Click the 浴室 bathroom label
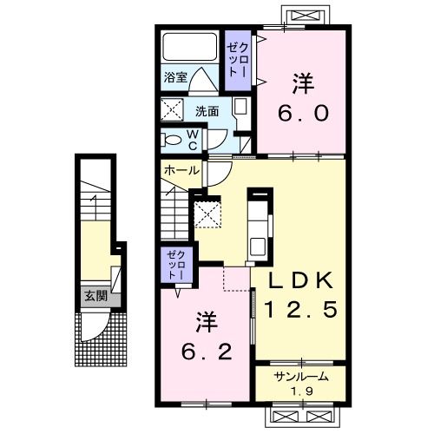pos(175,77)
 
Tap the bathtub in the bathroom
pos(190,47)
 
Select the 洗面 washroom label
pos(207,111)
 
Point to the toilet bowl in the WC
pos(171,141)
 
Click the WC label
pos(193,140)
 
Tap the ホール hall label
pos(181,170)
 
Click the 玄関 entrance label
pos(95,296)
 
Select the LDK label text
pos(300,280)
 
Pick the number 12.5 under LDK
pos(300,309)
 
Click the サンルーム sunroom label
pos(301,377)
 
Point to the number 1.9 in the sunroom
pos(302,391)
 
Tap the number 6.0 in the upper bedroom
pos(303,113)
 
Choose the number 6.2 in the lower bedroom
pos(207,352)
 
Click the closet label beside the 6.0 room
pos(238,60)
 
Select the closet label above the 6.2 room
pos(176,265)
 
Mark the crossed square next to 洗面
pos(172,109)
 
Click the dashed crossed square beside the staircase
pos(207,214)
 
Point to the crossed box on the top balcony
pos(306,15)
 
